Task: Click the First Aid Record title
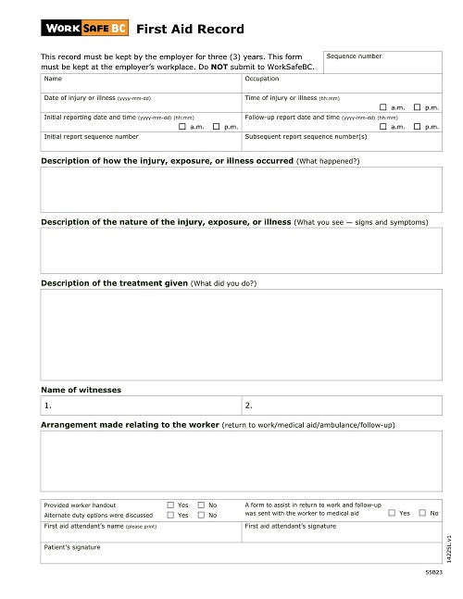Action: (x=176, y=29)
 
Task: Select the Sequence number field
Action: (x=382, y=63)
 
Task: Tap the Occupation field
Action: (x=341, y=84)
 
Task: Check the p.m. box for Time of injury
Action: (x=417, y=107)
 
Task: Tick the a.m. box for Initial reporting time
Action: (x=182, y=126)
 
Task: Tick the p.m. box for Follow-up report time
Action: (x=417, y=126)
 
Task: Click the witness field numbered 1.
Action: (x=139, y=406)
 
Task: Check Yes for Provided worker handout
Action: (x=170, y=505)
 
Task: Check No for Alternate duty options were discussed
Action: (x=201, y=515)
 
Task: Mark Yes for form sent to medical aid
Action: (x=392, y=512)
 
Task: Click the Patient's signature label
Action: (x=72, y=547)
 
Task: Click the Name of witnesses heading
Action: (x=81, y=390)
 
